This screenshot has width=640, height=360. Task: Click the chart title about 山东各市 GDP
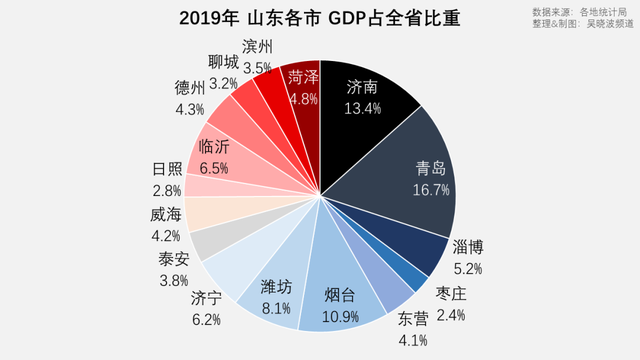tap(320, 18)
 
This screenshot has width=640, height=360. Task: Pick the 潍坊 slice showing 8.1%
tap(276, 289)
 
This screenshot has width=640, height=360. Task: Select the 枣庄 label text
tap(451, 293)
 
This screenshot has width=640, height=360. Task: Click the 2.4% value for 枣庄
tap(451, 314)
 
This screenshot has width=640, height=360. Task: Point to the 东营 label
tap(412, 320)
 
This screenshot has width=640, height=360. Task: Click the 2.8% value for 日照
tap(166, 190)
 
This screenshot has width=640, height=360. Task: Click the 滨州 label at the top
tap(259, 48)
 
